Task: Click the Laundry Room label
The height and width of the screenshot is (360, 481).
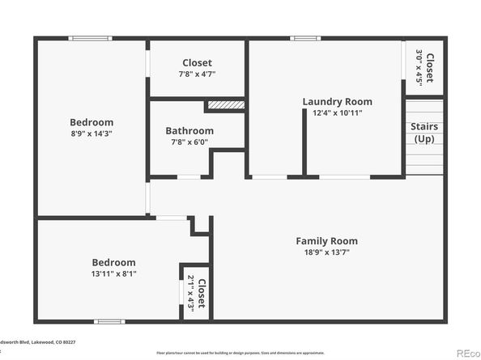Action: tap(337, 101)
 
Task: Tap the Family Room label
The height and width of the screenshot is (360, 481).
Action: tap(326, 241)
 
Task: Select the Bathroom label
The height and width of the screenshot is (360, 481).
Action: tap(189, 131)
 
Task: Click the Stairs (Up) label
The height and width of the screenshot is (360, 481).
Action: tap(424, 133)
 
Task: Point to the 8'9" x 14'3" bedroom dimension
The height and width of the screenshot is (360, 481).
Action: tap(91, 133)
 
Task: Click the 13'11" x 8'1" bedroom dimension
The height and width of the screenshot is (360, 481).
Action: tap(113, 273)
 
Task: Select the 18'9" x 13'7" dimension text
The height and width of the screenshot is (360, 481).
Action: tap(326, 252)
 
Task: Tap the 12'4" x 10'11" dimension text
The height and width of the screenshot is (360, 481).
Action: tap(337, 112)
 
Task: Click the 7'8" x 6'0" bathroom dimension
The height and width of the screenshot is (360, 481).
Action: tap(189, 142)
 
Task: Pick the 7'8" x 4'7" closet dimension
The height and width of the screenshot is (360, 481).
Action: tap(198, 74)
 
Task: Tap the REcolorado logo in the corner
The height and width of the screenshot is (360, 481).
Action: tap(467, 353)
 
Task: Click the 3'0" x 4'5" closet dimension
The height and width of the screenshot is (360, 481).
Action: tap(419, 68)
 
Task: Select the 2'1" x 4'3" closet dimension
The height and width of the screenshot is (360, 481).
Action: tap(191, 293)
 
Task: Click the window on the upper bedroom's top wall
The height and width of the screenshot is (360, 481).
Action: tap(90, 37)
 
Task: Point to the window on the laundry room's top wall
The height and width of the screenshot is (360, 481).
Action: tap(305, 37)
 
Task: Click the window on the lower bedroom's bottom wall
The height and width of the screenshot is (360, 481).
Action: tap(109, 322)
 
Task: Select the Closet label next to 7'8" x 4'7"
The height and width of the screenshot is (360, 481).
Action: tap(198, 62)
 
